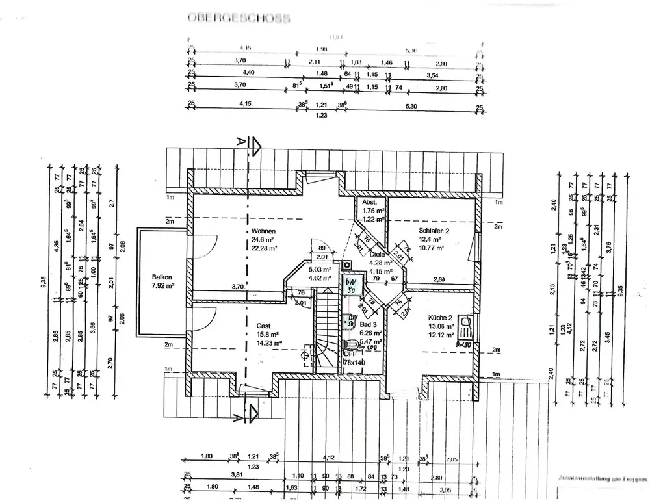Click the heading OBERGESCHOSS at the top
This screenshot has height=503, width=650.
point(238,18)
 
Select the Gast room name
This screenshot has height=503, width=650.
point(263,326)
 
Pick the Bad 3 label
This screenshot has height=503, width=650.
point(368,324)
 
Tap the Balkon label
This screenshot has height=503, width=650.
point(161,276)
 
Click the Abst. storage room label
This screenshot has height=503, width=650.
point(369,202)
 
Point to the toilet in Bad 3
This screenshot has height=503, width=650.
point(352,344)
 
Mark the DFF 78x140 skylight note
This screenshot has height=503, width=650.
point(355,357)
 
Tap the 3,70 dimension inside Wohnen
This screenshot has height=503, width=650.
point(238,287)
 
